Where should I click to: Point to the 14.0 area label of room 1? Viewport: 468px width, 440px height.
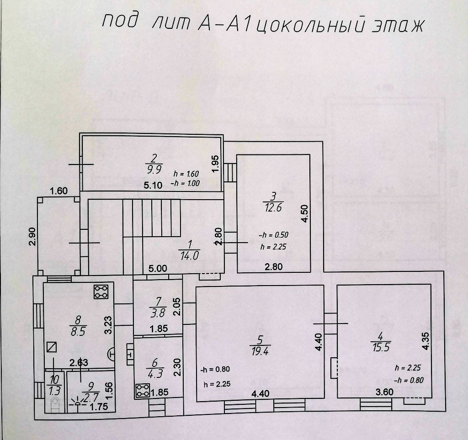tap(189, 255)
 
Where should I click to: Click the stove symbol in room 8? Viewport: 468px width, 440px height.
tap(100, 292)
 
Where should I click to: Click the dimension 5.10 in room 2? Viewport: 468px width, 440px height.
tap(153, 186)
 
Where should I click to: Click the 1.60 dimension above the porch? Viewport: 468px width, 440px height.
tap(59, 191)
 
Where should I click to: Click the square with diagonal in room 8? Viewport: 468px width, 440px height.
tap(52, 347)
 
